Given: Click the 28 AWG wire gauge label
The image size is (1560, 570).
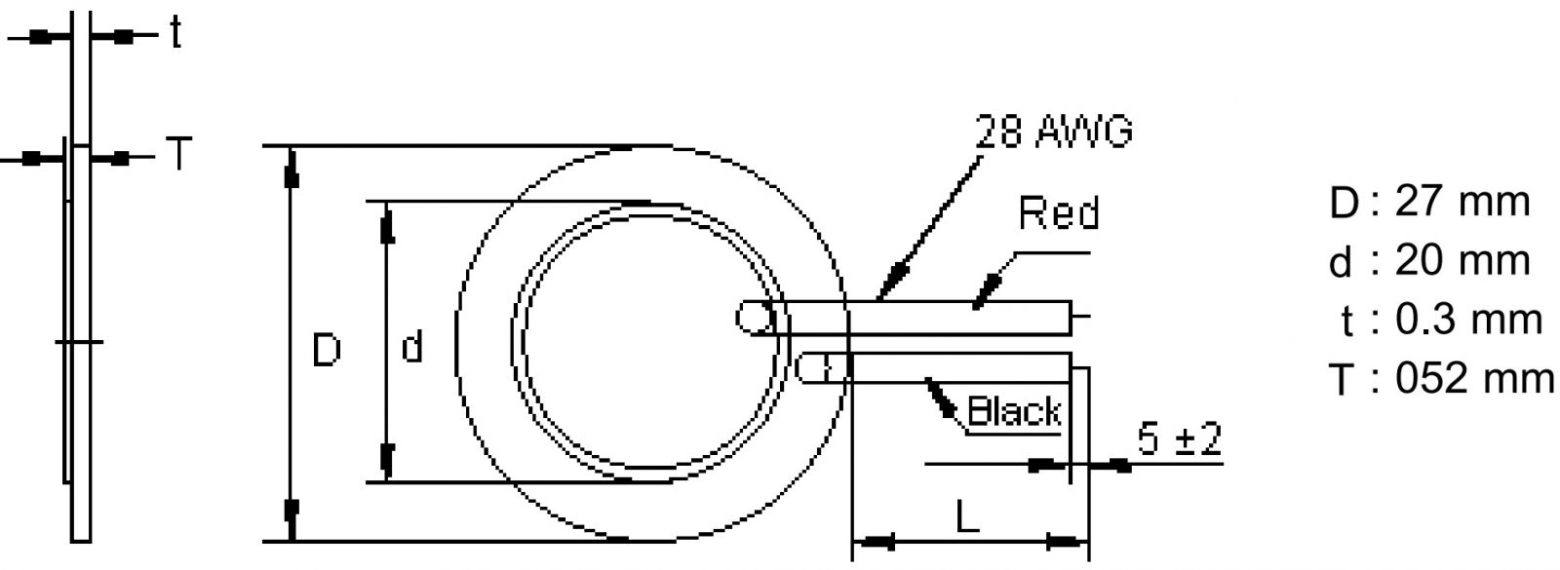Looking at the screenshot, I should (1055, 131).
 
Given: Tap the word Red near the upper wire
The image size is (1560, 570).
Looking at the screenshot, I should (1059, 213).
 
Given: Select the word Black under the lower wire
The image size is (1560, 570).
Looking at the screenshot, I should (1013, 411).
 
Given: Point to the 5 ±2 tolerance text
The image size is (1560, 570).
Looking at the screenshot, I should (1179, 440).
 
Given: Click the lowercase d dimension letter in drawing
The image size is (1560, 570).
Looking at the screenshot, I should (412, 346).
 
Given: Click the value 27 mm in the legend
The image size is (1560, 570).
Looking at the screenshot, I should (1462, 203).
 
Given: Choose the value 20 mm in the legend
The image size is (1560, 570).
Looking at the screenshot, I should (1462, 261).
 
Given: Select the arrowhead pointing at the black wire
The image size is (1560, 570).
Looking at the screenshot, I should (943, 399).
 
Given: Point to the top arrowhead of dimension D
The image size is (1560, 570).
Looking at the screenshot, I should (290, 173).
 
